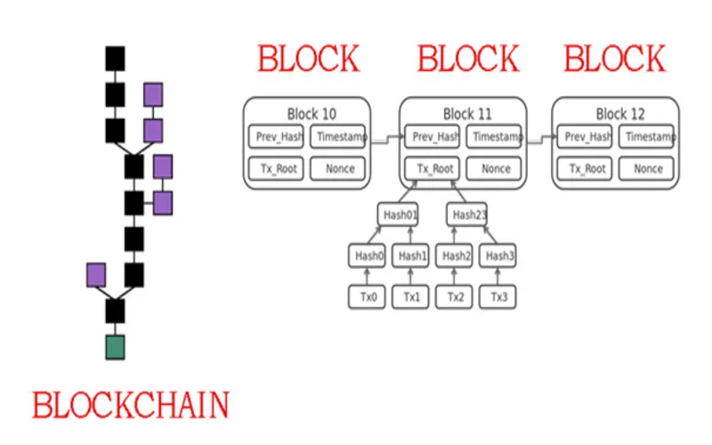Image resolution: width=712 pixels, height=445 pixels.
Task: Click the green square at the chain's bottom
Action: click(115, 347)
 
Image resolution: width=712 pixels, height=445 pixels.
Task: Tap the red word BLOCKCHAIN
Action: click(131, 405)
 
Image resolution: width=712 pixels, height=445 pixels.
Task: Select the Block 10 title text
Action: click(311, 114)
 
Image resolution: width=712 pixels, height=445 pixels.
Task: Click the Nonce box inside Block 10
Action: click(338, 168)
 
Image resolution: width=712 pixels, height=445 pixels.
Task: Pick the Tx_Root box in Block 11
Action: click(433, 168)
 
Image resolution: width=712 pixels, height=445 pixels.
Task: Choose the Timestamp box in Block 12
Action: click(646, 136)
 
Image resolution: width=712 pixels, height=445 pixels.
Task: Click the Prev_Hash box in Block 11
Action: click(433, 136)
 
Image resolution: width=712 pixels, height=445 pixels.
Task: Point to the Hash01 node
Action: click(398, 214)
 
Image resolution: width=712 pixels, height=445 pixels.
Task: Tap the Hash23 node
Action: click(466, 214)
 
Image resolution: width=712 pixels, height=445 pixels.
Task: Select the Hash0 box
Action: click(367, 255)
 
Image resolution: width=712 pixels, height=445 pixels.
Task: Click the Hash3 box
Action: click(498, 255)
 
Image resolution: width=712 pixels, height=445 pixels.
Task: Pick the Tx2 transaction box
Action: click(454, 297)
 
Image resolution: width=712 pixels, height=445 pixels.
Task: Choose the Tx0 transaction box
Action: click(367, 297)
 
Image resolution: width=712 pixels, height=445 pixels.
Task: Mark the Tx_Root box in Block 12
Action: click(585, 168)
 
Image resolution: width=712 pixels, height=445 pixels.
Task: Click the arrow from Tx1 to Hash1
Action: click(410, 277)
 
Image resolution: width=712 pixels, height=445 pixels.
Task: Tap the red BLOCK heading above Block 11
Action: click(468, 59)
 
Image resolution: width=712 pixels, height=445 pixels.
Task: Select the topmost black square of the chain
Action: click(115, 59)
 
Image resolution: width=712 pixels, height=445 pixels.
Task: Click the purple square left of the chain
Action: click(96, 275)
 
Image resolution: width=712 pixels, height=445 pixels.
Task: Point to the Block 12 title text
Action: click(620, 114)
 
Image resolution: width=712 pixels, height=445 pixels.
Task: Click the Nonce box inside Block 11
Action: click(494, 168)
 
